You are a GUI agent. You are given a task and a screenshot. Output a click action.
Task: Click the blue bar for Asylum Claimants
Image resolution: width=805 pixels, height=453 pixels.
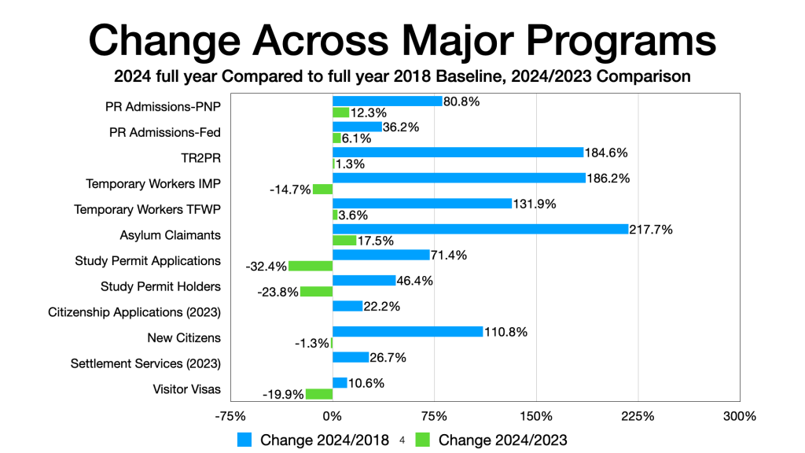pos(480,229)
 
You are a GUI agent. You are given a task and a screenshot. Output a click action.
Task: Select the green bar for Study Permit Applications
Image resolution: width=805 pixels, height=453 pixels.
pos(311,267)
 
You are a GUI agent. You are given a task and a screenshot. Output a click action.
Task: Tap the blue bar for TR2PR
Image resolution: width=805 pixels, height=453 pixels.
pos(458,153)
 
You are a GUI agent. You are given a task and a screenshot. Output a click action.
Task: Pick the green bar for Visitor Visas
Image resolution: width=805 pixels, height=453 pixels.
pos(319,394)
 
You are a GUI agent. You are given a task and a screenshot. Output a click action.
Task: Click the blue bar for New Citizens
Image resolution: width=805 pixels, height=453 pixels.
pos(407,331)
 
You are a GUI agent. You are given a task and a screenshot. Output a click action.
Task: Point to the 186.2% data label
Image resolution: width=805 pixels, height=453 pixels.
pos(608,178)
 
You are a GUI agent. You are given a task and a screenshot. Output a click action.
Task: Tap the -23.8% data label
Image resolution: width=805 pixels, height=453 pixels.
pos(278,292)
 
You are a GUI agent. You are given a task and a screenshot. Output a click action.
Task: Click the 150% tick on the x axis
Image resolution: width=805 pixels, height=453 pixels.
pos(536,415)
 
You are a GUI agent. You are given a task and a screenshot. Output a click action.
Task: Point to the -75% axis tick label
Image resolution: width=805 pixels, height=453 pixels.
pos(230,415)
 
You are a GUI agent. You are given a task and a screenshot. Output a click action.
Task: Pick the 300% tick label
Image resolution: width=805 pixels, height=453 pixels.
pos(739,415)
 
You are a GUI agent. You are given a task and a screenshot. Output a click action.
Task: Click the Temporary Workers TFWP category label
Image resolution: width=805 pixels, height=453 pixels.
pos(147,210)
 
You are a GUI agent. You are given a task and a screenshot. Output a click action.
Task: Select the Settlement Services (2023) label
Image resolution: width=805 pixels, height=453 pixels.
pos(145,363)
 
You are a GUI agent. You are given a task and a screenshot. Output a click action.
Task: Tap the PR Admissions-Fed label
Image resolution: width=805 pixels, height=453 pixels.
pos(165,133)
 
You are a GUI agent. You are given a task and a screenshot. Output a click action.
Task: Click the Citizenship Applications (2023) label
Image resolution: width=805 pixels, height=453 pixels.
pos(134,312)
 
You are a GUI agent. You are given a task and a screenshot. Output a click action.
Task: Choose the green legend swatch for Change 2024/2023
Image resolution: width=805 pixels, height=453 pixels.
pos(423,440)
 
